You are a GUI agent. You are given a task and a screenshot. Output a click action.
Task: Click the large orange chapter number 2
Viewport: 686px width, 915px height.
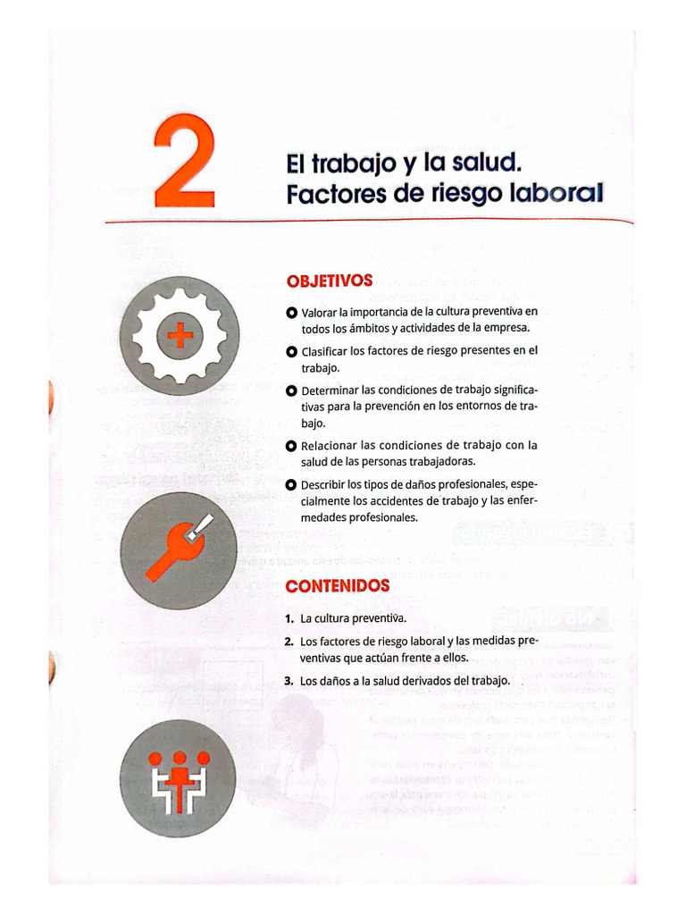point(183,162)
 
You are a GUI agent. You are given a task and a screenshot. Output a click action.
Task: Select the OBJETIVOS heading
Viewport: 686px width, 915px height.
point(330,281)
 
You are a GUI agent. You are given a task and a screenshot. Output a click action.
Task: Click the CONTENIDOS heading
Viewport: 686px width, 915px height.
point(338,586)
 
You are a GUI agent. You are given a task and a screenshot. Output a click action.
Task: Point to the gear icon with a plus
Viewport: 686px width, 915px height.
point(180,336)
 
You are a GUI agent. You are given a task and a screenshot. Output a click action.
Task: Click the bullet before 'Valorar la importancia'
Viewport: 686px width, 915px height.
point(291,312)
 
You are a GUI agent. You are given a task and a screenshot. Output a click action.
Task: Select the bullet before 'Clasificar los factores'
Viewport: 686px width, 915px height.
point(291,351)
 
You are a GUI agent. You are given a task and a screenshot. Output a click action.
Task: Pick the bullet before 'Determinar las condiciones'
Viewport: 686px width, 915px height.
point(291,390)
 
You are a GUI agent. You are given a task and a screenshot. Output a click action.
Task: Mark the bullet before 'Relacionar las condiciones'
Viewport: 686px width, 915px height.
point(291,445)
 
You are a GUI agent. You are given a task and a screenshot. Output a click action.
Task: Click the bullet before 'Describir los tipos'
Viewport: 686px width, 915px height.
point(291,484)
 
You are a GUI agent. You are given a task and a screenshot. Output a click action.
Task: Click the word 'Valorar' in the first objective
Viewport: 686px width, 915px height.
point(319,312)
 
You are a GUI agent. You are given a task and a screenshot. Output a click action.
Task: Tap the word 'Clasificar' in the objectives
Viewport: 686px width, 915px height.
point(326,351)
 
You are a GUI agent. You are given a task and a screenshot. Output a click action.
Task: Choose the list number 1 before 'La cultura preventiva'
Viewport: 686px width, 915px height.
point(289,618)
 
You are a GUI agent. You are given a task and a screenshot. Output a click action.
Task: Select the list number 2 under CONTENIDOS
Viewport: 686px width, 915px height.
point(289,642)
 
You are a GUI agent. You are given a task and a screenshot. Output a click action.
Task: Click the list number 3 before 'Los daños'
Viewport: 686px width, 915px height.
point(289,681)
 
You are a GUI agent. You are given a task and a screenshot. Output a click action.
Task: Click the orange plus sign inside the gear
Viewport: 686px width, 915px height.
point(180,336)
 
